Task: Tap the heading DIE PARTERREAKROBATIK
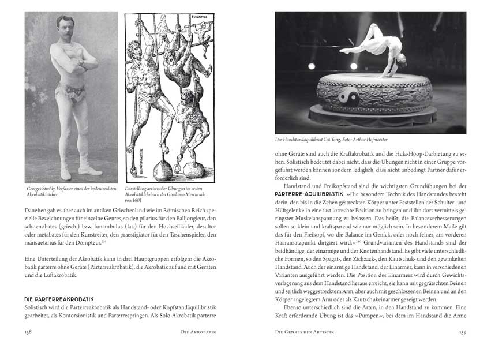pyautogui.click(x=59, y=300)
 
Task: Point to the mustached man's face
pyautogui.click(x=65, y=28)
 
